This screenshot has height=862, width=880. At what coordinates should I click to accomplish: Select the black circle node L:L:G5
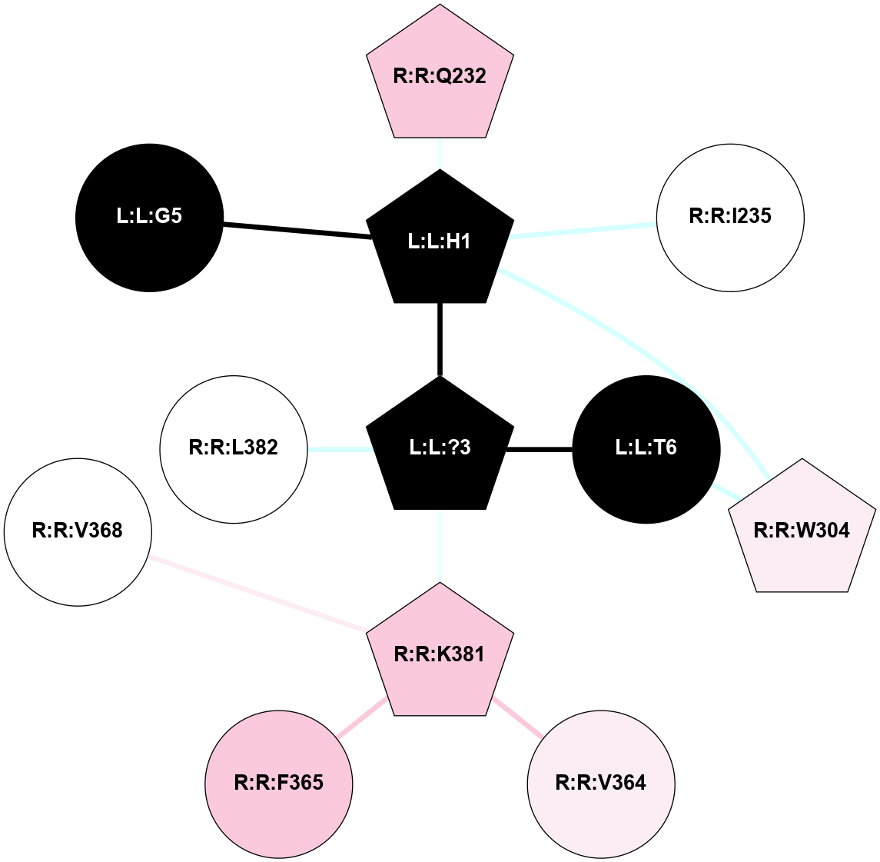150,218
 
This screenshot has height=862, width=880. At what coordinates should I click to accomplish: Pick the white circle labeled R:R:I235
730,218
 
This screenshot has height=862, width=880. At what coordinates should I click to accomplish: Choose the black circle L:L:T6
646,449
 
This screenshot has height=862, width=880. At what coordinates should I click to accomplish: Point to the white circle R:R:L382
234,449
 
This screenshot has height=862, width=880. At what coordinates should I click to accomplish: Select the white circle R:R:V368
78,532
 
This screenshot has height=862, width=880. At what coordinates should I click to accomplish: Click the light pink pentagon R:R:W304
802,530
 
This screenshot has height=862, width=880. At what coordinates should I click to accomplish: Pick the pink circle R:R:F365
278,784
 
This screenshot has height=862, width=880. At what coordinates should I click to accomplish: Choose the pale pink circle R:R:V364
600,784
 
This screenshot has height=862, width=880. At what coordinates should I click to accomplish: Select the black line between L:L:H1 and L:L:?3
440,338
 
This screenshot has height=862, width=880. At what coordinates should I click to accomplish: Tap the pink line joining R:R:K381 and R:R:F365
361,718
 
